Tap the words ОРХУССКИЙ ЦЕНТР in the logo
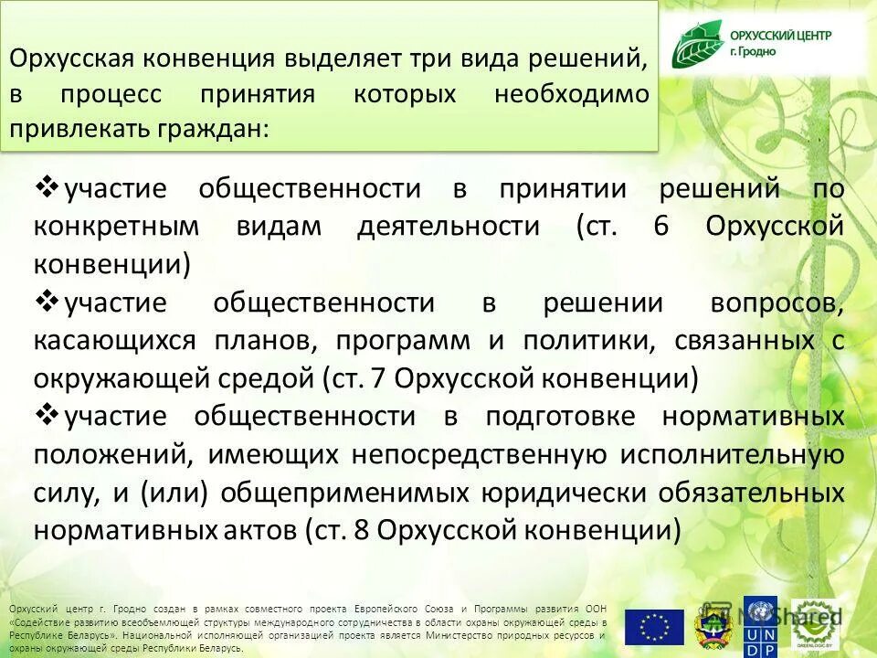(x=780, y=36)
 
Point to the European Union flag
(x=654, y=627)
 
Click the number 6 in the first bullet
(x=661, y=227)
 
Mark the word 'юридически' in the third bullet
(x=582, y=492)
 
